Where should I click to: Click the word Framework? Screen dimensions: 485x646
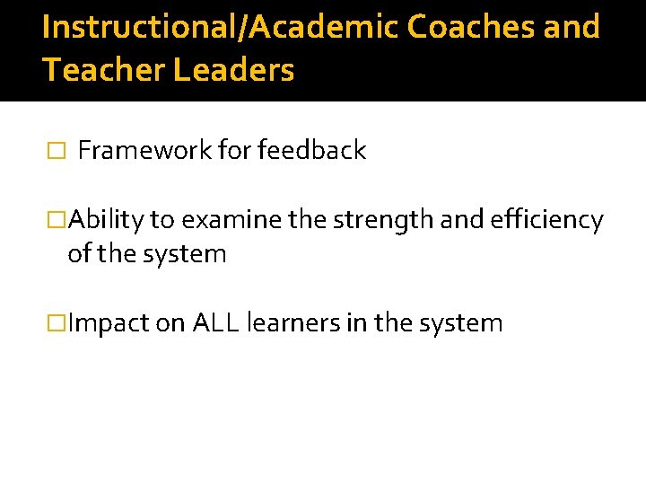click(x=144, y=151)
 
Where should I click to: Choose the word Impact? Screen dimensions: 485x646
click(x=108, y=323)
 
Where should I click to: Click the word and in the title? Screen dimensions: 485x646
click(x=572, y=27)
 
